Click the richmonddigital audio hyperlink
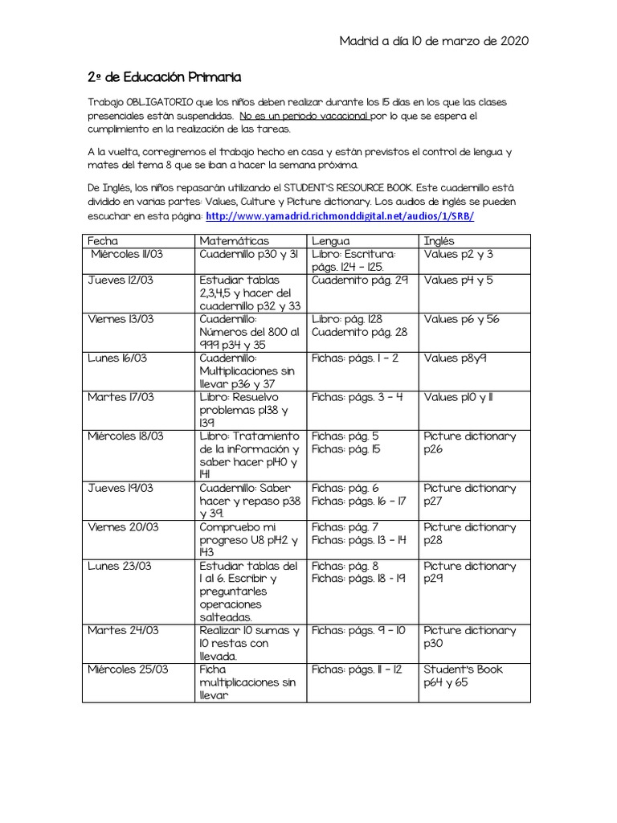340,217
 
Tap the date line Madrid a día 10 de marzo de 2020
434,41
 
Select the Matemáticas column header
234,240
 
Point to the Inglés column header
439,240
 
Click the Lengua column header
330,240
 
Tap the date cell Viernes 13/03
121,319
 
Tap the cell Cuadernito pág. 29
360,280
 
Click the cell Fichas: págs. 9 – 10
358,631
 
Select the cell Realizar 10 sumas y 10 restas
249,644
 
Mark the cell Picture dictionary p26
470,442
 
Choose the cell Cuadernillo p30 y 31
248,254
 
